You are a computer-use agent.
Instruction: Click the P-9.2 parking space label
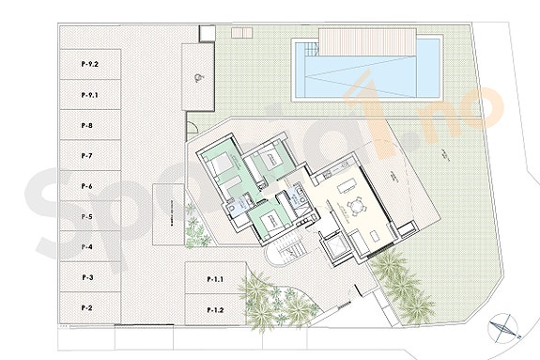89,63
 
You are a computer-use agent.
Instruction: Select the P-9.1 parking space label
89,95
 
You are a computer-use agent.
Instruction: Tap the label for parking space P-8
86,125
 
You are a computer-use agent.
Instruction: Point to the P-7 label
86,155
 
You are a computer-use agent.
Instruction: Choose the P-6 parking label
86,186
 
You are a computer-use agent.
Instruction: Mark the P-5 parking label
86,216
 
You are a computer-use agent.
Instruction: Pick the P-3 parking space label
86,277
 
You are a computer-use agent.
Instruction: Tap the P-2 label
86,307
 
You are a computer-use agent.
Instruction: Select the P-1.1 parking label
217,279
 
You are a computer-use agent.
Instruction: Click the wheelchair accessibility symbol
197,79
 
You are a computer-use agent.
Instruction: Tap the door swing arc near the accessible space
192,127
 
